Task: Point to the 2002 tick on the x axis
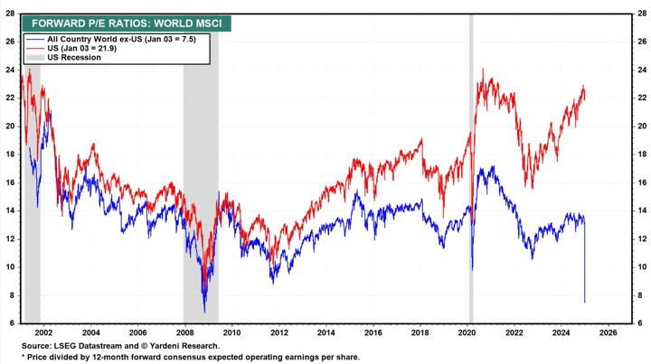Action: pyautogui.click(x=42, y=331)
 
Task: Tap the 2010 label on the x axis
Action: pyautogui.click(x=231, y=331)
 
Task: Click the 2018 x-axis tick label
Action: pyautogui.click(x=420, y=331)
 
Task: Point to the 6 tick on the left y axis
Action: pyautogui.click(x=11, y=323)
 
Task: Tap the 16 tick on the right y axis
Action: pyautogui.click(x=641, y=182)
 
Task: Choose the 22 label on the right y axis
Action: pyautogui.click(x=641, y=98)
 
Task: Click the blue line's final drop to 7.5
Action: pyautogui.click(x=585, y=289)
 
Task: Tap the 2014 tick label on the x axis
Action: pyautogui.click(x=325, y=331)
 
